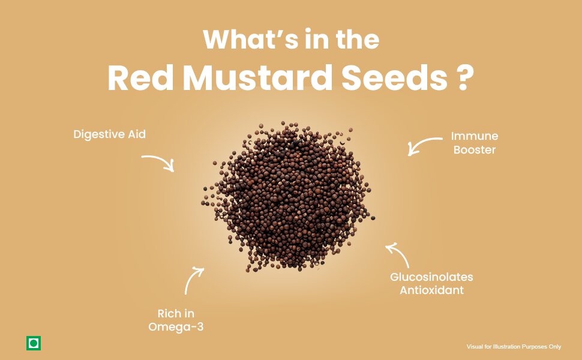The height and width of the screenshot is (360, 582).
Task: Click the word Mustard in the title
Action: click(x=257, y=78)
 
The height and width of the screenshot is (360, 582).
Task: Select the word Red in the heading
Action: click(x=140, y=78)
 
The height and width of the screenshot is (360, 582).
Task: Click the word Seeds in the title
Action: click(x=394, y=78)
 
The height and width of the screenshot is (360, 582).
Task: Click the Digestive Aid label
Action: click(x=109, y=134)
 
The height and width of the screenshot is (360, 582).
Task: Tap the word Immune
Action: click(x=475, y=136)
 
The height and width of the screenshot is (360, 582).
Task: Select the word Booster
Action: click(x=475, y=150)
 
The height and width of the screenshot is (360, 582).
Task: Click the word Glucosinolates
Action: click(x=431, y=277)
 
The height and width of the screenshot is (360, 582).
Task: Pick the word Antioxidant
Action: click(x=431, y=290)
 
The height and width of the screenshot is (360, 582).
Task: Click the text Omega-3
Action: click(x=176, y=327)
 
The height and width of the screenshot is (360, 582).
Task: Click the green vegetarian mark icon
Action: click(x=34, y=343)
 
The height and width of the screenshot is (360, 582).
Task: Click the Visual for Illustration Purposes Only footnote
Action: click(x=514, y=347)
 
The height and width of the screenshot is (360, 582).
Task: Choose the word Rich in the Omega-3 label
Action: click(x=166, y=314)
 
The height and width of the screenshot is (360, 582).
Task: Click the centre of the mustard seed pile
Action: click(x=289, y=197)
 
